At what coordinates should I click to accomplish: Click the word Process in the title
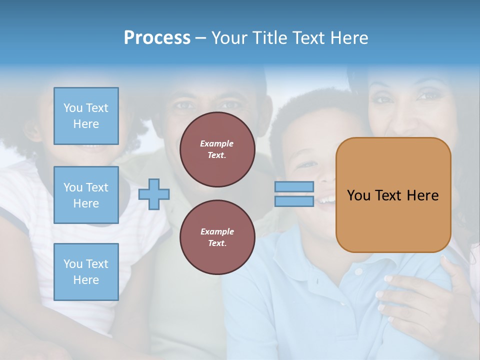pyautogui.click(x=157, y=38)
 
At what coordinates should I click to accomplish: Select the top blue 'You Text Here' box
pyautogui.click(x=86, y=116)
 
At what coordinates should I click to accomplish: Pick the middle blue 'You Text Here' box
pyautogui.click(x=86, y=195)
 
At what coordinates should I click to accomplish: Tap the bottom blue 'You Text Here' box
pyautogui.click(x=86, y=271)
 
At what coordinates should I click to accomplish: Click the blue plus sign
pyautogui.click(x=154, y=194)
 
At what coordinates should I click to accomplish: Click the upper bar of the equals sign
pyautogui.click(x=294, y=187)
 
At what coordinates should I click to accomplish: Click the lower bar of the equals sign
pyautogui.click(x=294, y=201)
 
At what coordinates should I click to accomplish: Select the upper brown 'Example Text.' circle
pyautogui.click(x=217, y=149)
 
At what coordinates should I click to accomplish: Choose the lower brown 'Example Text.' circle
pyautogui.click(x=217, y=237)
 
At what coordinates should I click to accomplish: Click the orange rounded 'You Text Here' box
pyautogui.click(x=393, y=195)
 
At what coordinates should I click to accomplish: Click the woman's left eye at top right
pyautogui.click(x=429, y=95)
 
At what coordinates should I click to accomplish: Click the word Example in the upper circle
pyautogui.click(x=217, y=143)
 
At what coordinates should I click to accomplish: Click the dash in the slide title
pyautogui.click(x=200, y=38)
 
